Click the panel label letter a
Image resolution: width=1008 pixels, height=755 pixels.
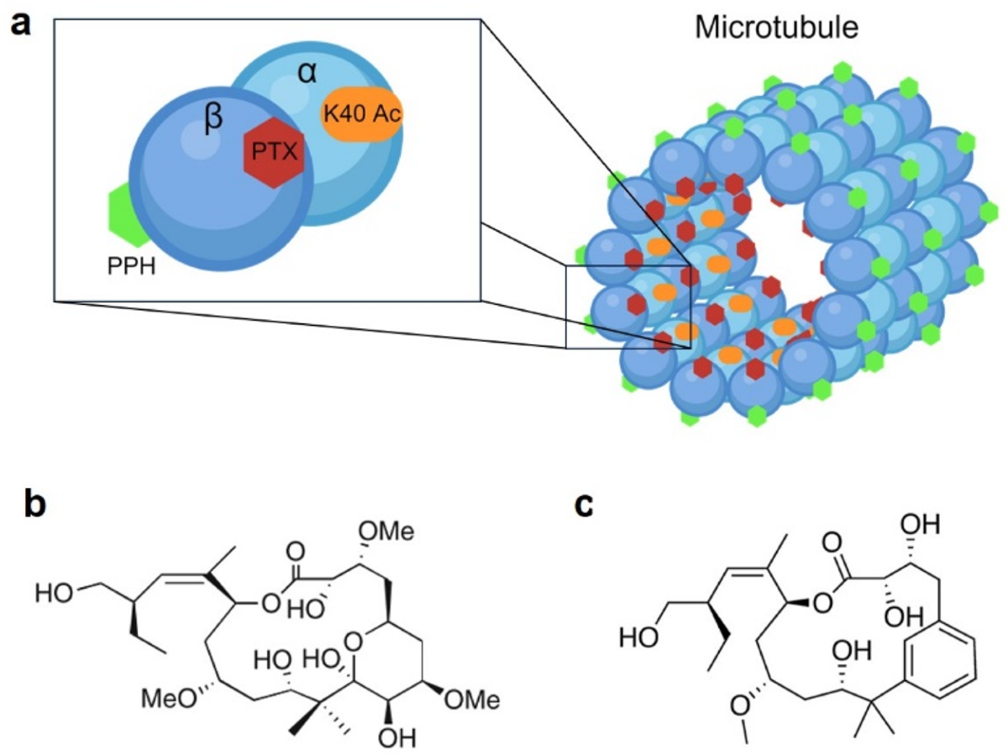tap(19, 24)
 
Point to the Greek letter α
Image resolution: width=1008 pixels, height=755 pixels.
tap(307, 73)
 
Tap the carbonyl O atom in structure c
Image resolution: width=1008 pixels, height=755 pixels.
tap(832, 537)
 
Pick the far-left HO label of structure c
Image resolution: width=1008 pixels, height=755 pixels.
tap(635, 638)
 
